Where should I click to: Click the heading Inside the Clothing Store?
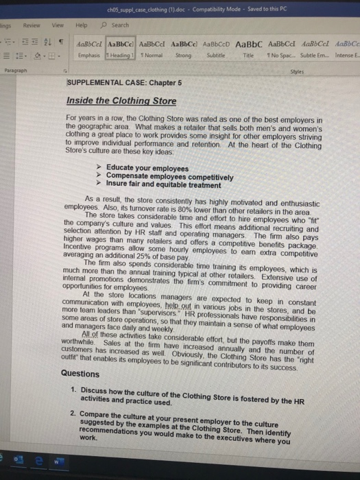point(121,100)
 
